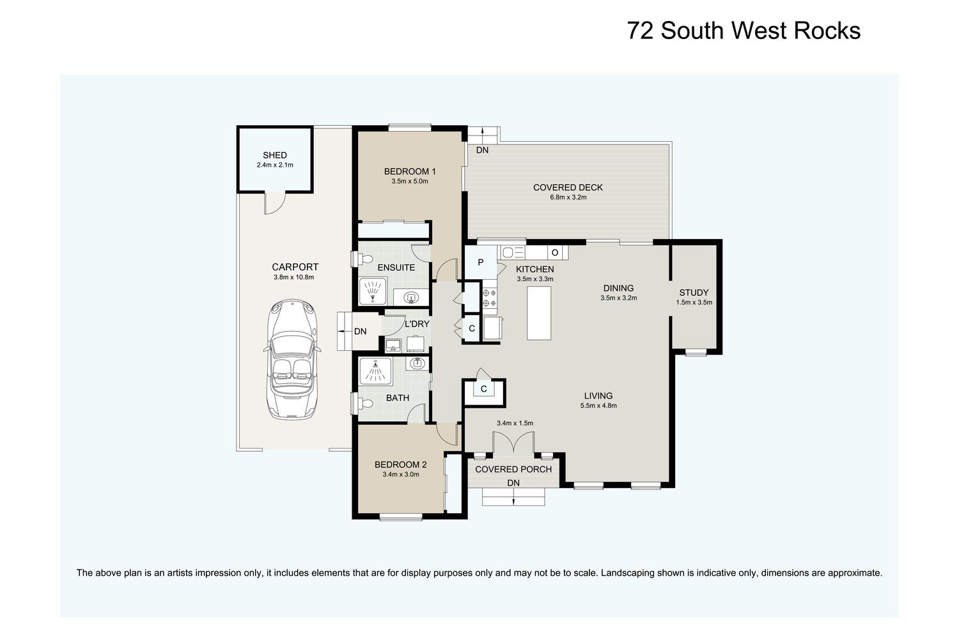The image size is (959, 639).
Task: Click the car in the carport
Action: [292, 358]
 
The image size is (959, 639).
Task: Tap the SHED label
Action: [275, 155]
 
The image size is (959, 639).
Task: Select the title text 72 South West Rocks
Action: [744, 31]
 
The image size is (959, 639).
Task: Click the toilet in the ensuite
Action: [363, 259]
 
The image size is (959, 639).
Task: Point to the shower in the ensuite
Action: [373, 291]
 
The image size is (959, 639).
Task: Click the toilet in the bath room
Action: [363, 403]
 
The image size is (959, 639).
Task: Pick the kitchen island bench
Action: [538, 313]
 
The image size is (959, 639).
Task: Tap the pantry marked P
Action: [480, 263]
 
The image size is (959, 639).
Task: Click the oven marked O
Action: [555, 252]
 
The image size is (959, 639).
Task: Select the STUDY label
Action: [694, 293]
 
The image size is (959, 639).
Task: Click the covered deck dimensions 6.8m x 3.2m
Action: [568, 197]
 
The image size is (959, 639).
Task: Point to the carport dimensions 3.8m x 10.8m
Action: [293, 277]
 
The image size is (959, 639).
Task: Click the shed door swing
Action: [274, 203]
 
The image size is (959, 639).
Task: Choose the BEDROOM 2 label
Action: [400, 465]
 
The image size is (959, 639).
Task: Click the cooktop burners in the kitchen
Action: [490, 298]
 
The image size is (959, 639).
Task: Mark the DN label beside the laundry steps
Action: [361, 331]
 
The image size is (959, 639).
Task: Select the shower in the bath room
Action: [375, 371]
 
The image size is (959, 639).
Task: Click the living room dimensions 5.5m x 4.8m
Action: [598, 406]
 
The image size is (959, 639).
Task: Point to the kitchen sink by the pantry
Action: [511, 252]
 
